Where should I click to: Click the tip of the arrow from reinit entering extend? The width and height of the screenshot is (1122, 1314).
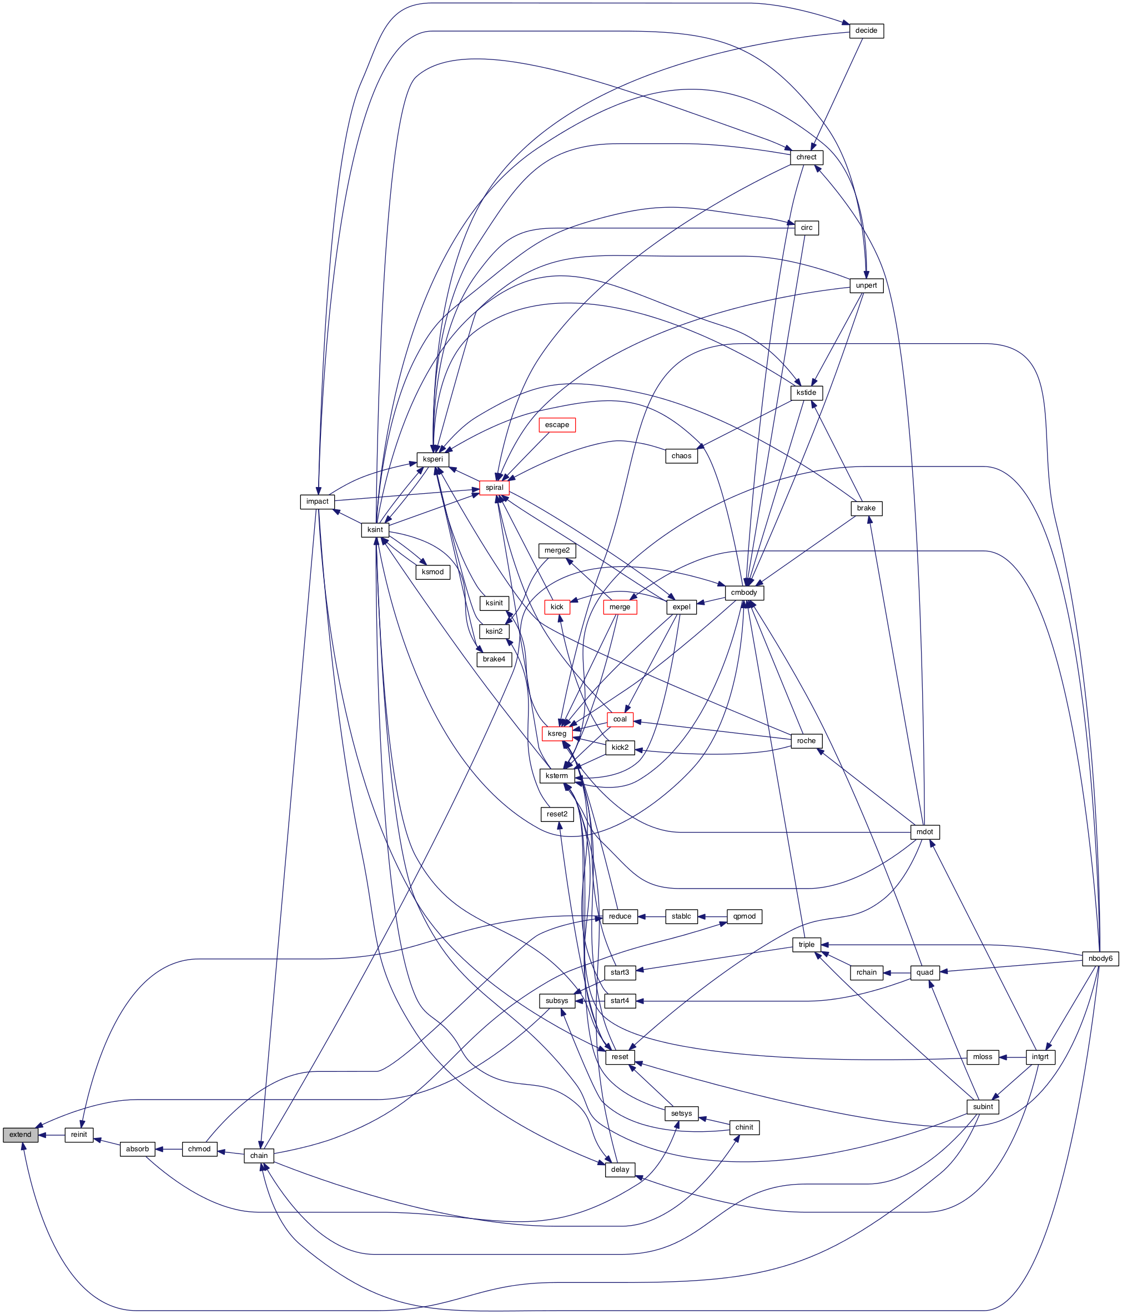[39, 1135]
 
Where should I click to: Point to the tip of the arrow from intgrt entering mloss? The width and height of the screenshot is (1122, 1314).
[999, 1056]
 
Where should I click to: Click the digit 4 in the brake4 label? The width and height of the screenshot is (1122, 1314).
[504, 659]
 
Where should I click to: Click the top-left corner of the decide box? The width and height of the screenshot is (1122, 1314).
[849, 23]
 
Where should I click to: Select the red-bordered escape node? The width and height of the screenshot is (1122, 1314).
[557, 425]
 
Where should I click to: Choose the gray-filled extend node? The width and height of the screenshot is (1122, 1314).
[21, 1135]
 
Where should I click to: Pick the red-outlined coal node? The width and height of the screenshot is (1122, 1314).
[620, 719]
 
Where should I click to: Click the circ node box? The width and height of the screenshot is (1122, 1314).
[806, 228]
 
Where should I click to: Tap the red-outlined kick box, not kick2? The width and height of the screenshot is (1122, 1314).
[557, 607]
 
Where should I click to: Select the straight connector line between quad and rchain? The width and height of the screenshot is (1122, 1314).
[897, 972]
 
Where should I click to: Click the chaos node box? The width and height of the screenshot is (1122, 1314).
[681, 456]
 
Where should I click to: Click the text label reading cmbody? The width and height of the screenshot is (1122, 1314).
[744, 593]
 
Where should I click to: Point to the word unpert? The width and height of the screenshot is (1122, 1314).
[866, 285]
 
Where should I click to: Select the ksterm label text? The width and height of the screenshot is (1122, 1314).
[557, 776]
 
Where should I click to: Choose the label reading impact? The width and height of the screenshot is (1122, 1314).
[317, 501]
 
